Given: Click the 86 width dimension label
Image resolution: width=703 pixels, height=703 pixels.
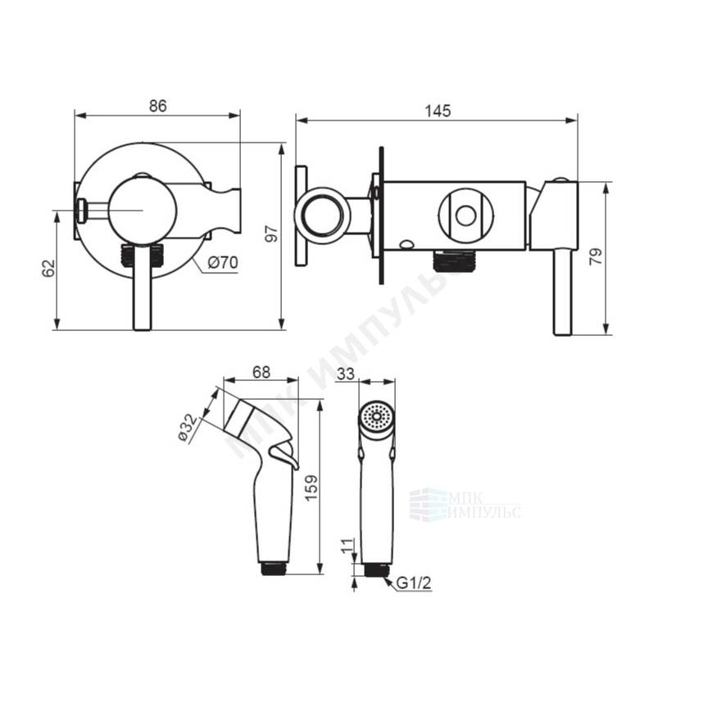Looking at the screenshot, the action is pos(157,107).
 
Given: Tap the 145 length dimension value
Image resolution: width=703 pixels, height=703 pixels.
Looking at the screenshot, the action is pos(438,111).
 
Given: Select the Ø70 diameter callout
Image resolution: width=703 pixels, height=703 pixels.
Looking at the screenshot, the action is pos(223,263).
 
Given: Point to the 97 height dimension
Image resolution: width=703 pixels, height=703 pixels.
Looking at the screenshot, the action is pos(272,234).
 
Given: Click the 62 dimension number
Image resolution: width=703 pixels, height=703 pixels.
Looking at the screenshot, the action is pos(48,268).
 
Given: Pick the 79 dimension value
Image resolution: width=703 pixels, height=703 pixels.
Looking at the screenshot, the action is pos(596,257).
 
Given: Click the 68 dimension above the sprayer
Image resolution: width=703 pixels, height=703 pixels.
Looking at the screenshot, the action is pos(261,372).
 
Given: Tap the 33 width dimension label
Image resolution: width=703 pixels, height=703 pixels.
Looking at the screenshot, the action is pos(345,373).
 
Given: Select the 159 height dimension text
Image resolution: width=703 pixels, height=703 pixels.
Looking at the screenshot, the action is pos(311,488).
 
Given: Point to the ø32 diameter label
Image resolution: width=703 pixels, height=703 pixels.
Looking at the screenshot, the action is pos(188,427).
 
